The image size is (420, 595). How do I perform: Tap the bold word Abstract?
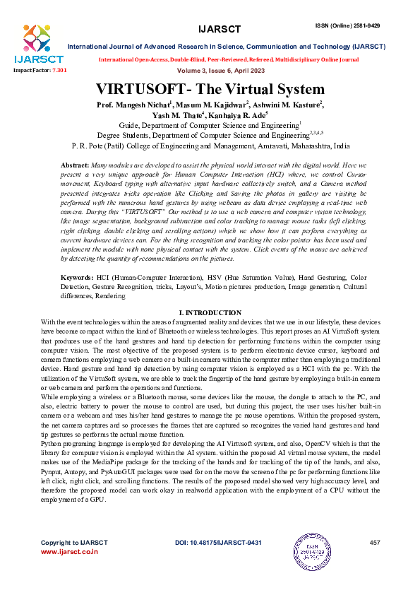(75, 164)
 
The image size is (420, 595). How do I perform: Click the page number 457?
(375, 562)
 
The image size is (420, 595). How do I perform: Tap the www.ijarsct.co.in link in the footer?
(69, 572)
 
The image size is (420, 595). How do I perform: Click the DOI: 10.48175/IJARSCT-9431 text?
(218, 562)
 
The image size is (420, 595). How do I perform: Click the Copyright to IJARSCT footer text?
(74, 562)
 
